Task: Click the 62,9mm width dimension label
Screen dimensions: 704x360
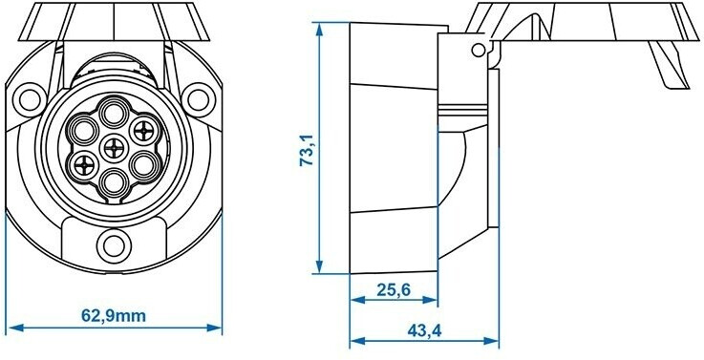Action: [114, 316]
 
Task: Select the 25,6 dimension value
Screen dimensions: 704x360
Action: [394, 290]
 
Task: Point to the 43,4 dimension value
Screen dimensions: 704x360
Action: [424, 330]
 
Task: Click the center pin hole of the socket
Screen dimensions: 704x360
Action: [114, 148]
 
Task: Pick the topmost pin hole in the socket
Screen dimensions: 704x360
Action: [114, 113]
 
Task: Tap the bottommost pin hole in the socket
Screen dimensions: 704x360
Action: [113, 182]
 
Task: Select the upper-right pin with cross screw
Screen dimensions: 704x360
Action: [143, 131]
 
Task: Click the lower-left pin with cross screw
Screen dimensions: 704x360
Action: [83, 166]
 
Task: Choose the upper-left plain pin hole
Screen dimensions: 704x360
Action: [83, 131]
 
